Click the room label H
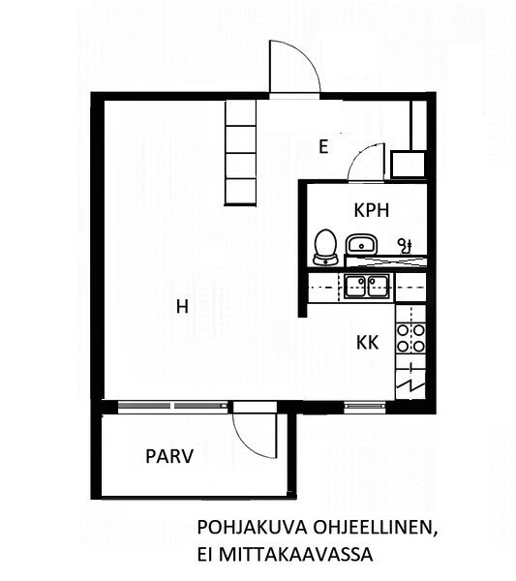pyautogui.click(x=182, y=307)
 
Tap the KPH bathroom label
pyautogui.click(x=372, y=210)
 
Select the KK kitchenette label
pyautogui.click(x=368, y=343)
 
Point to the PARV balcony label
pyautogui.click(x=169, y=456)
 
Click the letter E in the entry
pyautogui.click(x=323, y=147)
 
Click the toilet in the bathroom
pyautogui.click(x=325, y=247)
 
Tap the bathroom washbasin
pyautogui.click(x=361, y=244)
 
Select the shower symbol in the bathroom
pyautogui.click(x=405, y=245)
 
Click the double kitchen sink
pyautogui.click(x=367, y=287)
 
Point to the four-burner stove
pyautogui.click(x=410, y=338)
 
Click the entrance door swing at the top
pyautogui.click(x=293, y=67)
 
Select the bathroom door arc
pyautogui.click(x=366, y=162)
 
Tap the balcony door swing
pyautogui.click(x=256, y=436)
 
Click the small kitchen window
pyautogui.click(x=365, y=407)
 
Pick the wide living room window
pyautogui.click(x=172, y=406)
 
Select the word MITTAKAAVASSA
pyautogui.click(x=295, y=555)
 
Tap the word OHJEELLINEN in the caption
pyautogui.click(x=374, y=528)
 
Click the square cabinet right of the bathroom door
pyautogui.click(x=409, y=165)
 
